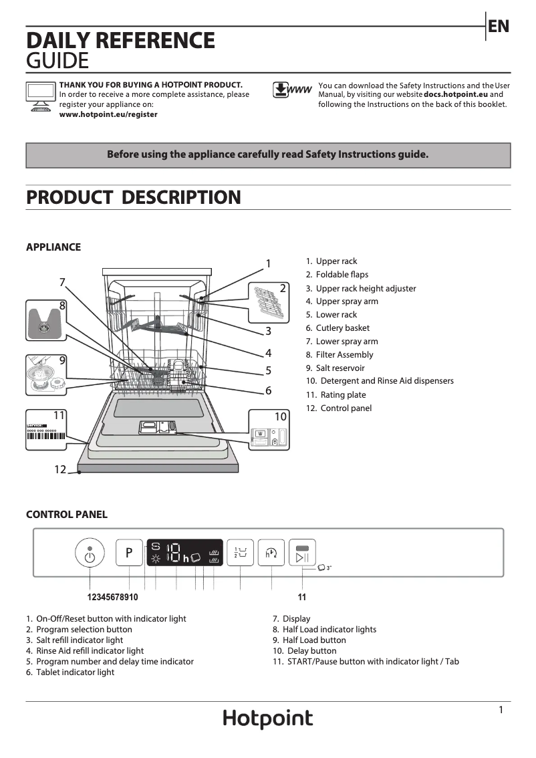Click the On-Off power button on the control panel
click(90, 553)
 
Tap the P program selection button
click(129, 553)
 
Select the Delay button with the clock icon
click(271, 553)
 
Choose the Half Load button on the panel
click(240, 553)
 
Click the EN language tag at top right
click(498, 26)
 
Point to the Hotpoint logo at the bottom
click(267, 719)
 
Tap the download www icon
click(292, 90)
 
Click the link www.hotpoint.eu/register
click(108, 114)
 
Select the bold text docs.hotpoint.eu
click(456, 95)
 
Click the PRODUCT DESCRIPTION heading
click(133, 198)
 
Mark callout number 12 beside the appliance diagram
click(60, 469)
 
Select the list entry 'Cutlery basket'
click(342, 328)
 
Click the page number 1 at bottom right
click(501, 711)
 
